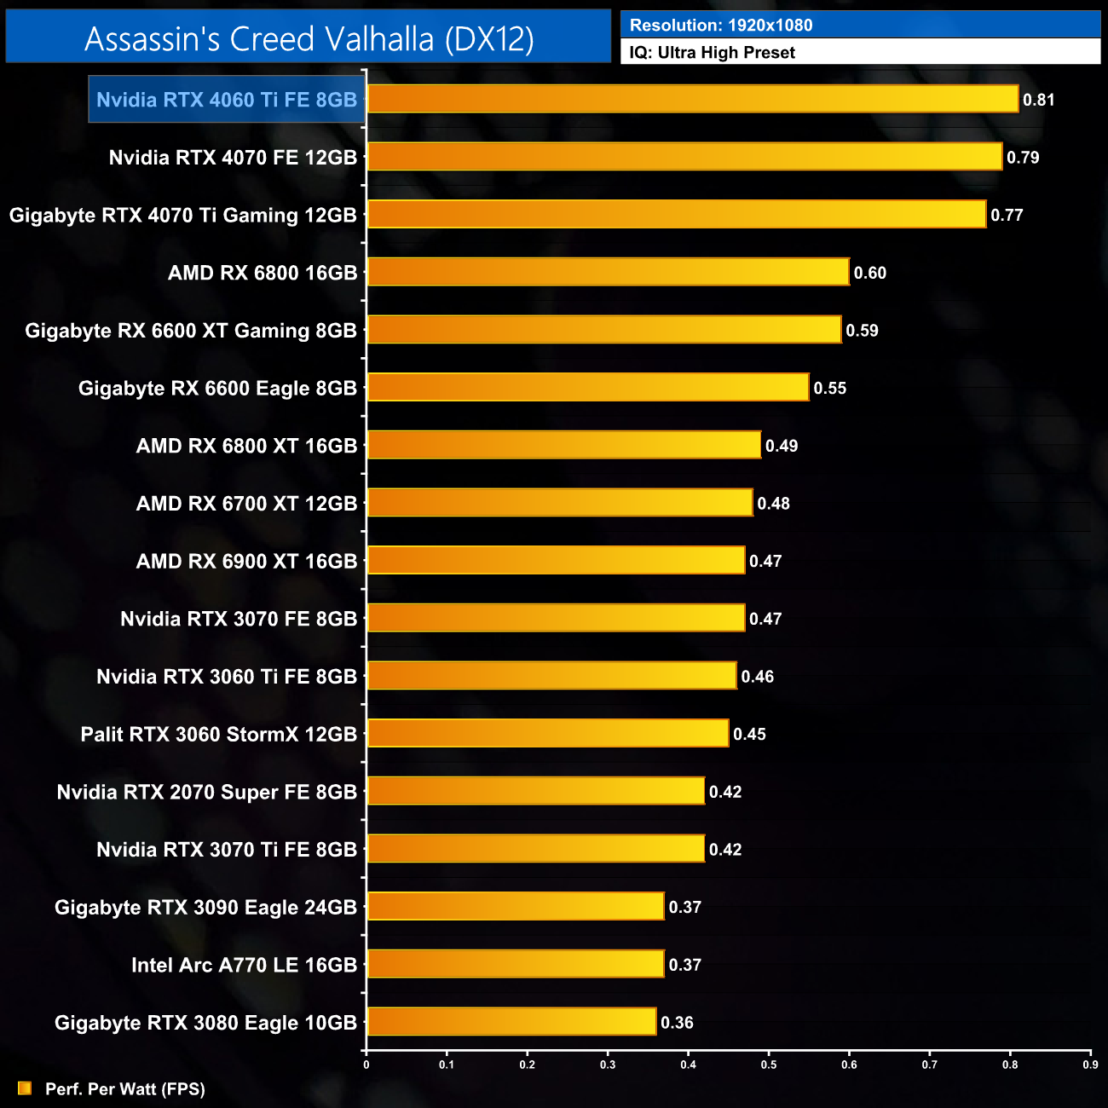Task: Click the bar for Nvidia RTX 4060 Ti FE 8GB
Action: [692, 99]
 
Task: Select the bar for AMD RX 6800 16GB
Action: [608, 272]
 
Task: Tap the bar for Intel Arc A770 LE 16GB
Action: [515, 964]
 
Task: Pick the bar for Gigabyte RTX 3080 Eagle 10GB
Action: [511, 1022]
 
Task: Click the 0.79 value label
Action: [1023, 158]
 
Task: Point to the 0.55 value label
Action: [829, 389]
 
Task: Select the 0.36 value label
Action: [677, 1023]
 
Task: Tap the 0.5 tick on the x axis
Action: [769, 1065]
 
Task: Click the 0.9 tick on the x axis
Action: [1090, 1065]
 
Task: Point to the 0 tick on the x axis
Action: [366, 1065]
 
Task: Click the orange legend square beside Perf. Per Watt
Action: [25, 1088]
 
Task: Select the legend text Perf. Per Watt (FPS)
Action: [125, 1089]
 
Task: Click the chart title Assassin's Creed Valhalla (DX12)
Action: [309, 38]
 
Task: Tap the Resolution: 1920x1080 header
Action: [721, 25]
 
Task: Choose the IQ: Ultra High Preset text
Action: [713, 53]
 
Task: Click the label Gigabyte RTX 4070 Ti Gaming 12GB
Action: [182, 215]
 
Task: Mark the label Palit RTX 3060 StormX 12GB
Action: [218, 734]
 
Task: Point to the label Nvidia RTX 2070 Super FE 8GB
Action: [206, 792]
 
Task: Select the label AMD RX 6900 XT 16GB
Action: [246, 561]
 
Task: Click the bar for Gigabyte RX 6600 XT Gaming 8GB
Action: [603, 330]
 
